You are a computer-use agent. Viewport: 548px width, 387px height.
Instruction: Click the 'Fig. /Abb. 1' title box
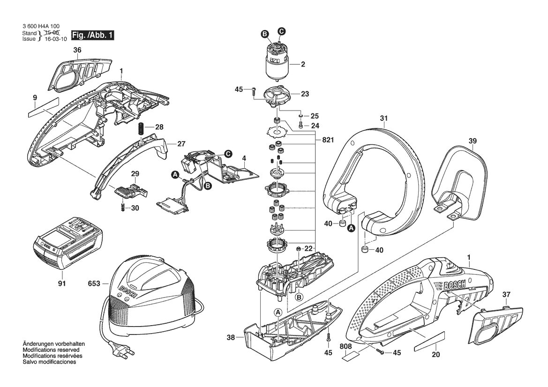(93, 35)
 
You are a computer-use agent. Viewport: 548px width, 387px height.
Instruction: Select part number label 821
(328, 140)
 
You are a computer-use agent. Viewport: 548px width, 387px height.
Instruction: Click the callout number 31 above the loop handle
(384, 119)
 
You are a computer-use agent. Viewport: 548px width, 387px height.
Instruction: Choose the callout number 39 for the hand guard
(473, 141)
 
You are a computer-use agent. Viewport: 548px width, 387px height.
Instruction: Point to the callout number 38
(231, 337)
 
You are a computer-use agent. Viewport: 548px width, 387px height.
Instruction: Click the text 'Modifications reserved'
(51, 350)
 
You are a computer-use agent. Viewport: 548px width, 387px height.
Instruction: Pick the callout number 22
(308, 248)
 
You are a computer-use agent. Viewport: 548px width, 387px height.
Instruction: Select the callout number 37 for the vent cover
(506, 295)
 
